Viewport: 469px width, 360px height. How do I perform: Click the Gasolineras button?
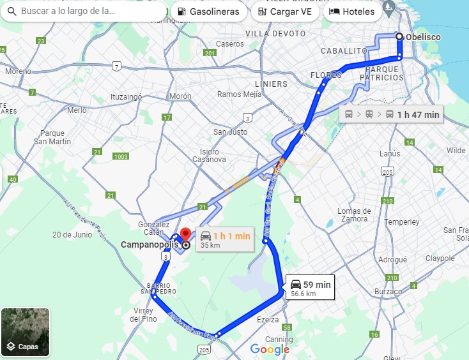tap(208, 11)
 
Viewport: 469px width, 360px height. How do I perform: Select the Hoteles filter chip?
tap(351, 11)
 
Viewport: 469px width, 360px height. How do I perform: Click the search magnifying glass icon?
tap(11, 11)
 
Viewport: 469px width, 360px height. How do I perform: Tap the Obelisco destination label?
tap(423, 37)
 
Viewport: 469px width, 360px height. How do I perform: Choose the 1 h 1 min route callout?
tap(226, 239)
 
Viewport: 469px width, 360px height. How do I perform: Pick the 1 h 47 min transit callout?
tap(392, 115)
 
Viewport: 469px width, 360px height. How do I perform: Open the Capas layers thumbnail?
tap(26, 332)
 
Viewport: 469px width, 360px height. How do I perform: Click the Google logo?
tap(270, 349)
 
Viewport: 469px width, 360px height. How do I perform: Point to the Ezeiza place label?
tap(268, 319)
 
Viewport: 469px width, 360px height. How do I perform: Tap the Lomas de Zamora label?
tap(354, 215)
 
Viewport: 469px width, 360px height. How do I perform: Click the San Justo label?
tap(230, 132)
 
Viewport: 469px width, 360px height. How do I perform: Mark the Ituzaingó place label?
tap(126, 97)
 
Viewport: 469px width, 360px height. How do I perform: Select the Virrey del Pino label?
tap(144, 314)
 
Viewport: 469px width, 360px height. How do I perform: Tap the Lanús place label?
tap(390, 154)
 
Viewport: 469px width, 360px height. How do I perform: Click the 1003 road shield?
tap(119, 156)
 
